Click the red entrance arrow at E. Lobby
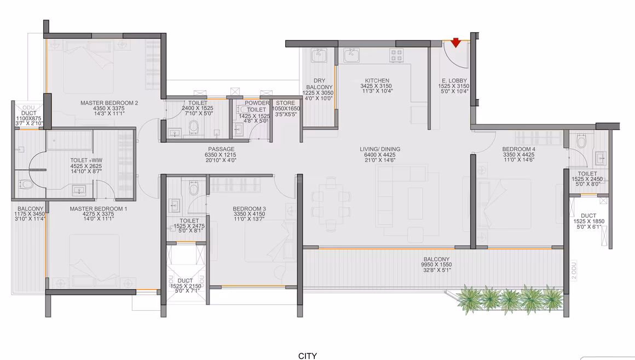click(x=455, y=43)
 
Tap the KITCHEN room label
click(x=377, y=80)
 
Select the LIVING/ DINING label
click(x=380, y=149)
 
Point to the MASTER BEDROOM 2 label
click(x=109, y=103)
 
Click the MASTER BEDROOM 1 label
click(x=99, y=208)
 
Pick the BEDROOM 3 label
click(x=250, y=208)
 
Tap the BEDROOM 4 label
click(x=519, y=149)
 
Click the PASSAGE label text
click(x=221, y=149)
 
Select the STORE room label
click(x=286, y=103)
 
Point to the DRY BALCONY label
click(x=319, y=84)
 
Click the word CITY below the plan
click(x=308, y=356)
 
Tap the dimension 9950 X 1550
click(x=437, y=264)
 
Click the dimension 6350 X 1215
click(x=221, y=155)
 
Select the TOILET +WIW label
click(x=86, y=160)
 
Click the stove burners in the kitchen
click(x=396, y=55)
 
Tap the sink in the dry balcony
click(x=319, y=55)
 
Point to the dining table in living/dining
click(x=331, y=205)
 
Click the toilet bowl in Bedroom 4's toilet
click(x=581, y=142)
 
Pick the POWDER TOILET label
click(x=257, y=106)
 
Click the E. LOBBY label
click(x=454, y=80)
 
